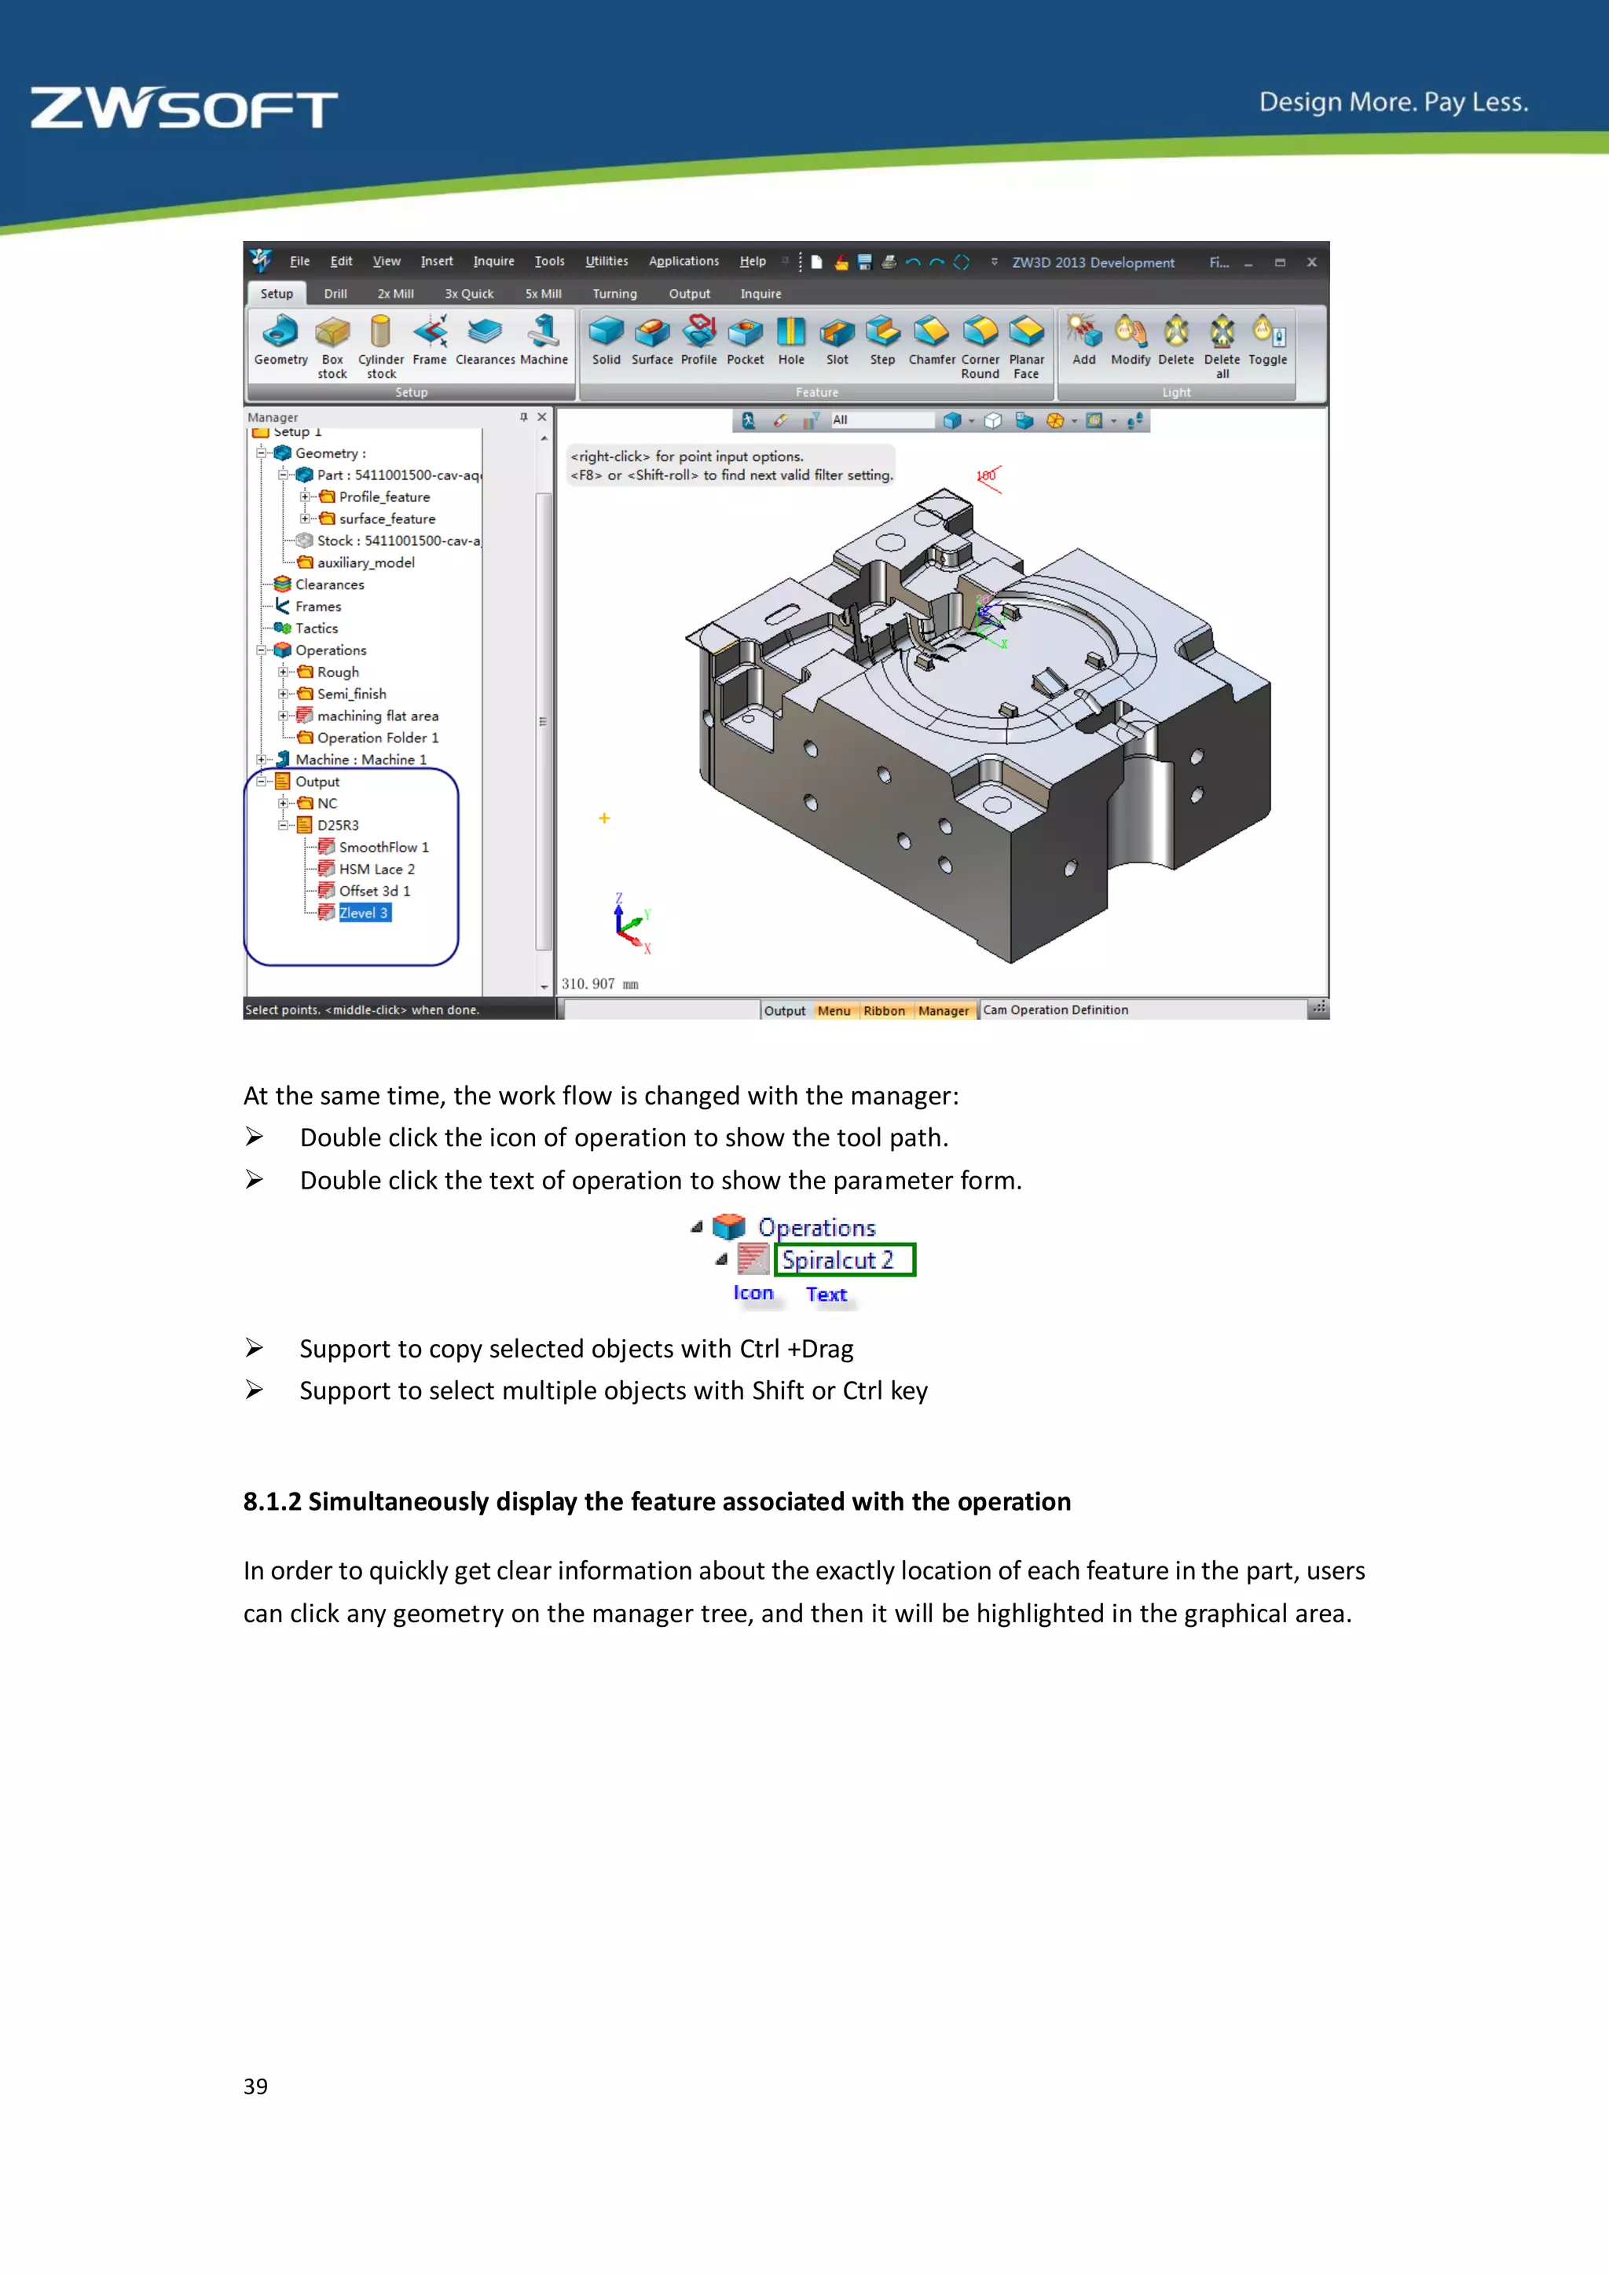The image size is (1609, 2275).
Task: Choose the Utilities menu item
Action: coord(607,262)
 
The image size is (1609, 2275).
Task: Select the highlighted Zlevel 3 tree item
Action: coord(364,913)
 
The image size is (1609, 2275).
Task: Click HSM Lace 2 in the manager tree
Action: coord(376,869)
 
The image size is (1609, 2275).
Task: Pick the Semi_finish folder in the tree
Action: coord(352,694)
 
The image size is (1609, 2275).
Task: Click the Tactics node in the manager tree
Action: coord(316,628)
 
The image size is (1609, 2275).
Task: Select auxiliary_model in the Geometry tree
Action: coord(365,562)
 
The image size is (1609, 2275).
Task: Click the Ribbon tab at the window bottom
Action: coord(884,1011)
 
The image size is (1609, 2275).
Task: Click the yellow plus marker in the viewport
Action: coord(604,819)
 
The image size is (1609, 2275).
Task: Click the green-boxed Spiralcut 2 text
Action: coord(838,1260)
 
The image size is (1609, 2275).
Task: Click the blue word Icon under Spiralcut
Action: coord(753,1293)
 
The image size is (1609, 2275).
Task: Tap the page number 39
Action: coord(255,2086)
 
